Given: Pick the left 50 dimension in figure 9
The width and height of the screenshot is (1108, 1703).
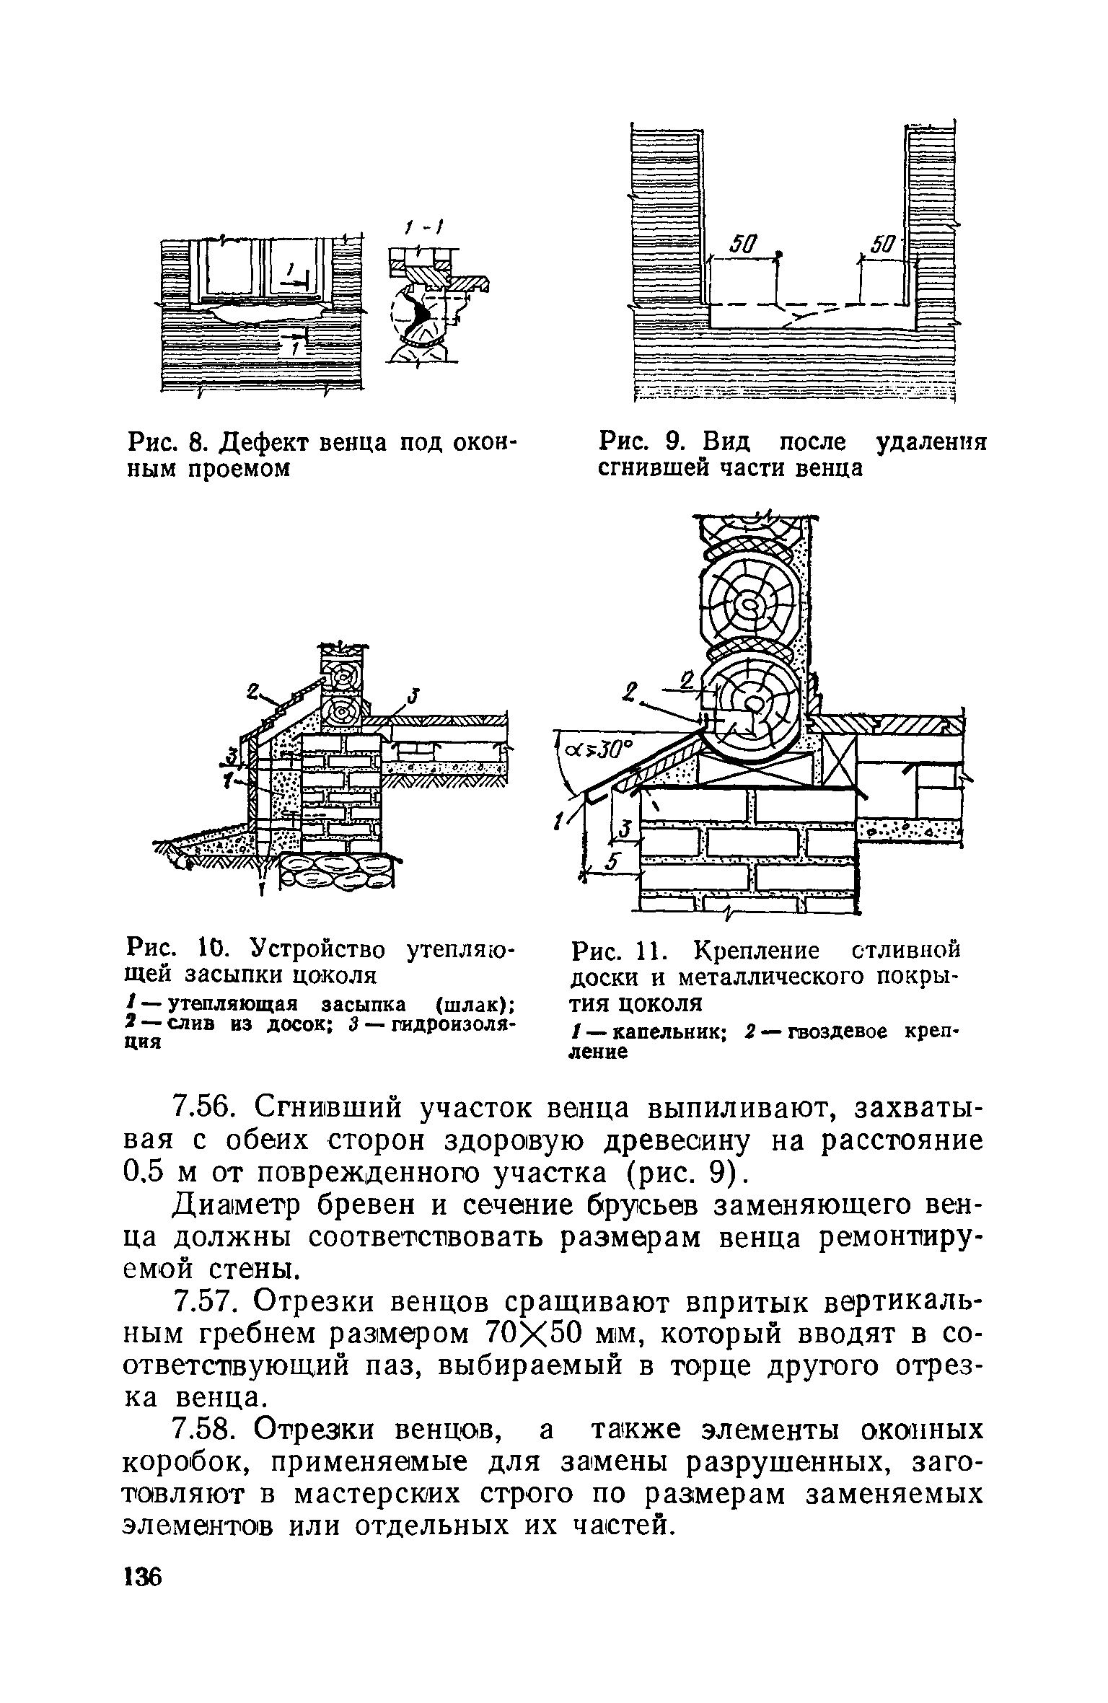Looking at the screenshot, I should [742, 247].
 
